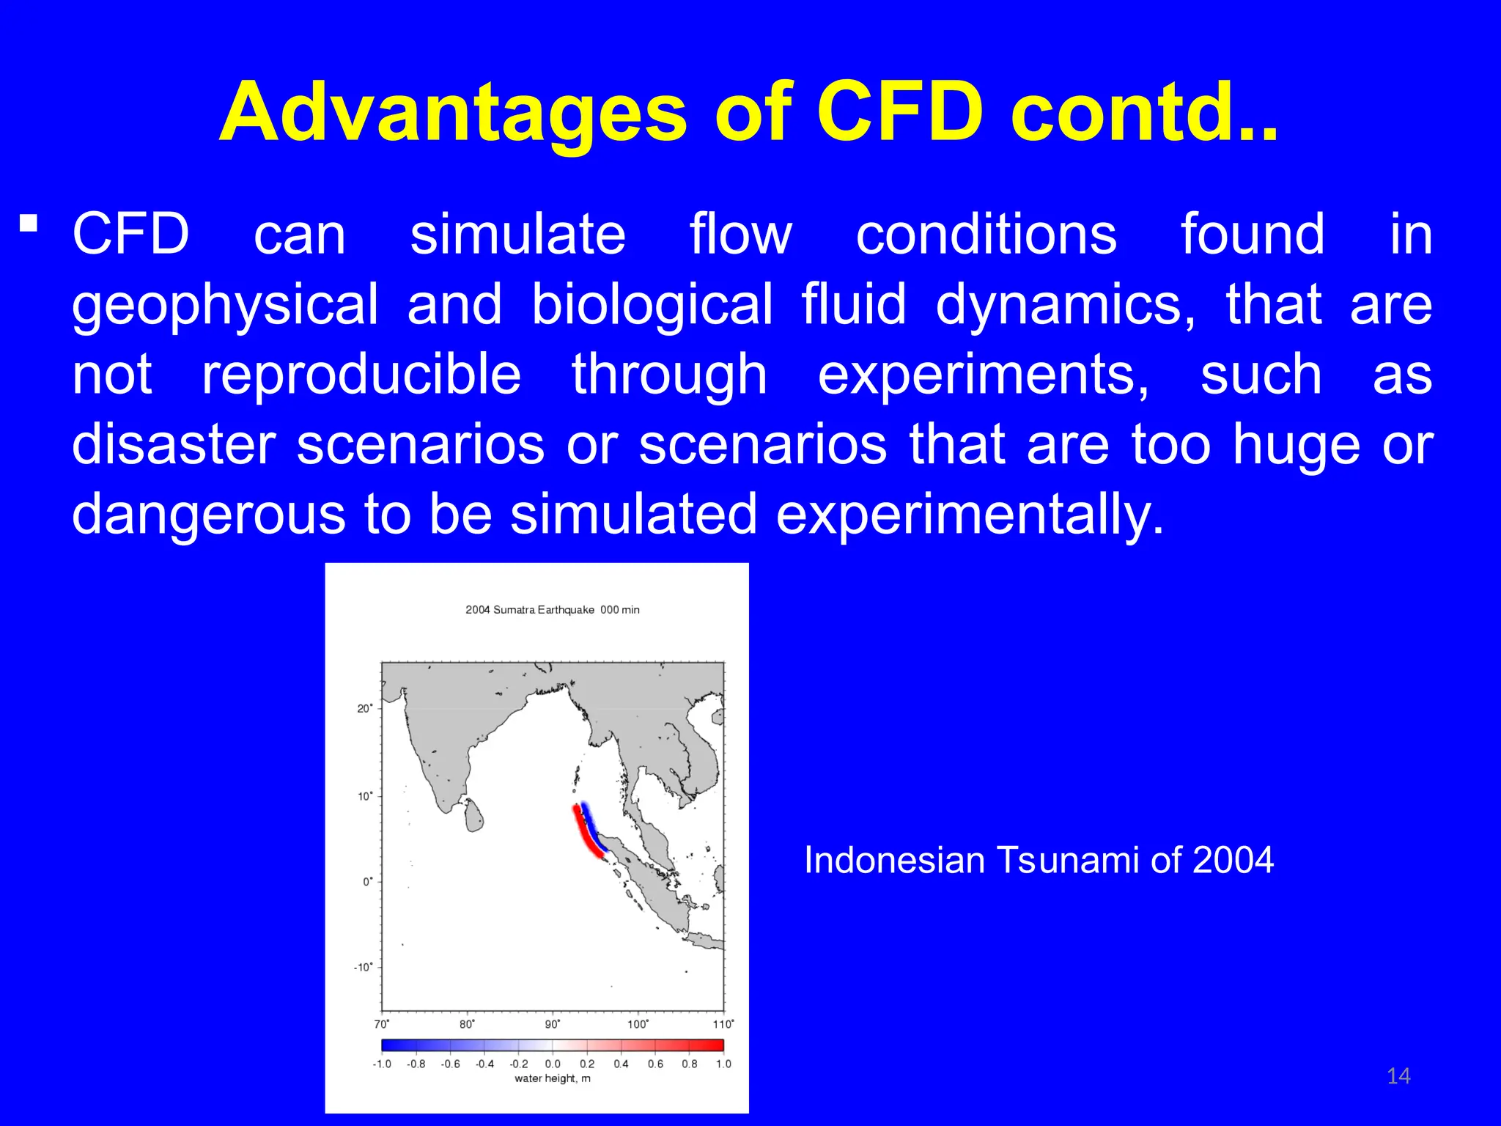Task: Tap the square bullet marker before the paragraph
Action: [x=29, y=222]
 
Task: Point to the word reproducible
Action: [x=361, y=375]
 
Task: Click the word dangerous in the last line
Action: [x=208, y=514]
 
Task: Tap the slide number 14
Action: [x=1398, y=1076]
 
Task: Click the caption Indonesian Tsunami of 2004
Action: [x=1039, y=860]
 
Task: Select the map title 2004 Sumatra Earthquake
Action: [x=530, y=610]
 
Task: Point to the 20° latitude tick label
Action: [x=364, y=708]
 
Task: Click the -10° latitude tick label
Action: [x=363, y=968]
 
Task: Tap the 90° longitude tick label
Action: [x=553, y=1024]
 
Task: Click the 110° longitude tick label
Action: [x=723, y=1024]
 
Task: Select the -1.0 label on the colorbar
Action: [x=382, y=1064]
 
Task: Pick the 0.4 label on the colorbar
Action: [x=621, y=1064]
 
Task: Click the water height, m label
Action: [x=552, y=1078]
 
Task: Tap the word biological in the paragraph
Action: [x=652, y=304]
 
